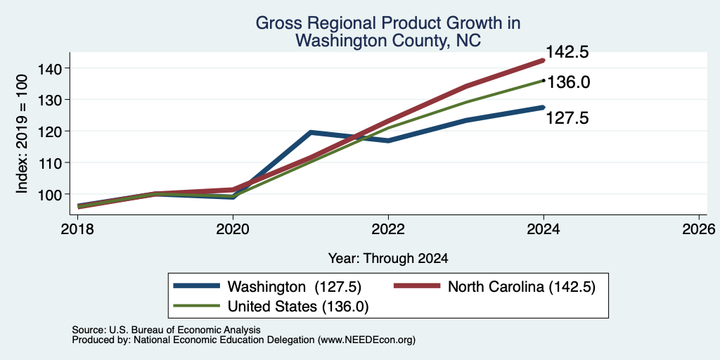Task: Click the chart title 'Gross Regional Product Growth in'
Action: [388, 23]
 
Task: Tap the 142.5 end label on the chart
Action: [567, 52]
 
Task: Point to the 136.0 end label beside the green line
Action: [568, 83]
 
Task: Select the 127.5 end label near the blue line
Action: [567, 118]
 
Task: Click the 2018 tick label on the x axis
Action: [77, 229]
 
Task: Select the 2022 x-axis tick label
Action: [388, 229]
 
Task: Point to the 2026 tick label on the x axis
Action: [699, 229]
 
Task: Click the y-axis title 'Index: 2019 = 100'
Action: [22, 134]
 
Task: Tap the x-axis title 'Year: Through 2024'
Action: [388, 259]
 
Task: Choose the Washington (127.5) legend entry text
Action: [295, 287]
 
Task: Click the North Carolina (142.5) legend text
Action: [522, 287]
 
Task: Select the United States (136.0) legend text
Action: [298, 307]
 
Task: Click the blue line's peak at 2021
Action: [311, 132]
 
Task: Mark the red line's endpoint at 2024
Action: [544, 60]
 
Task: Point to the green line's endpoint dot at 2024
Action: [544, 80]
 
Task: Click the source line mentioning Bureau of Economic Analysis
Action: [166, 330]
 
